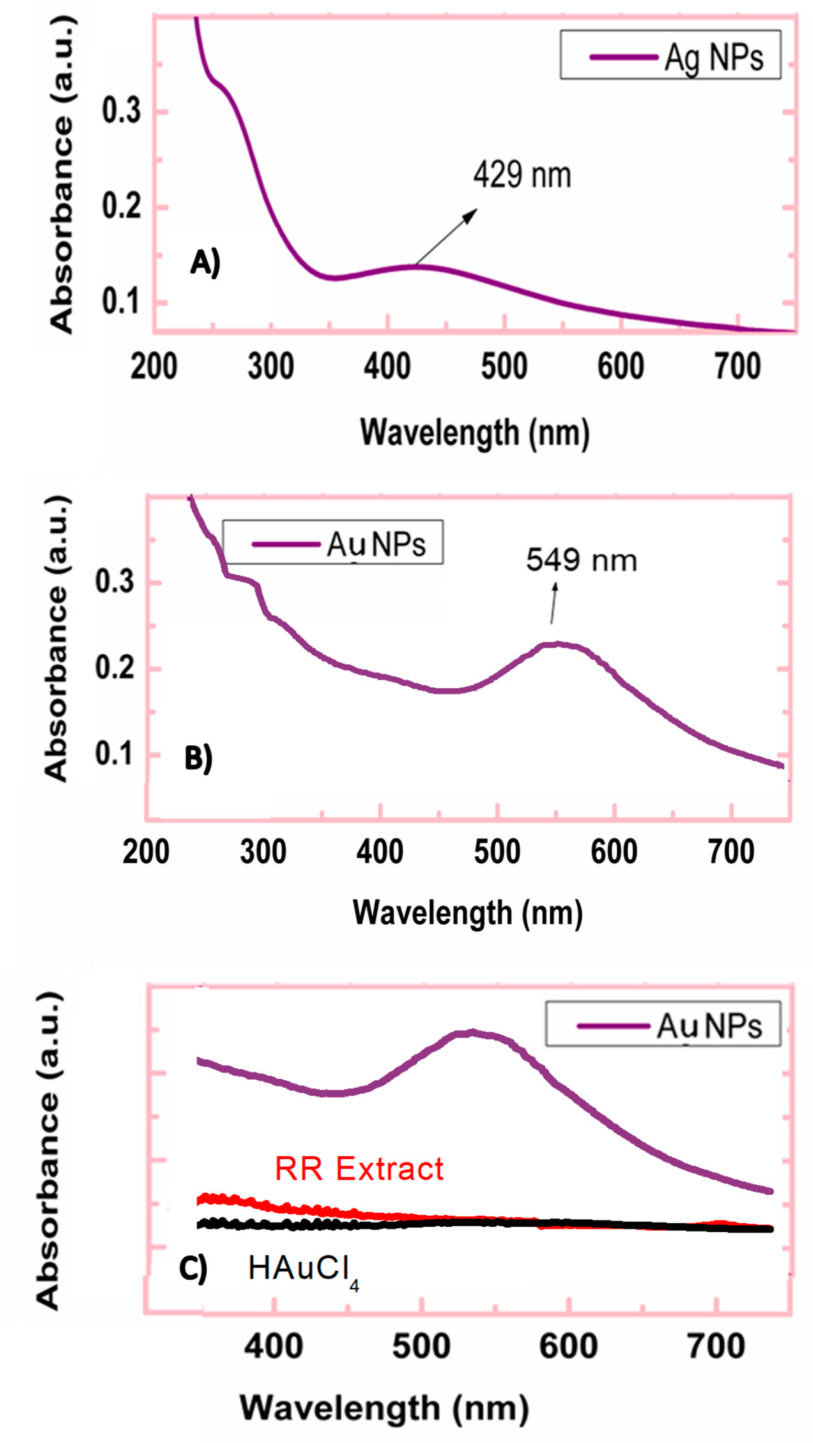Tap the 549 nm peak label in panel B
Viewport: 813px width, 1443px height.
[581, 560]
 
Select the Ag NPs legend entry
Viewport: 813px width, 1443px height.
[670, 55]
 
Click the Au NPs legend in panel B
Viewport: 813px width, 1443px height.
[333, 542]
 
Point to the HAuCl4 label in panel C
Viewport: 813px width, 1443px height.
[303, 1270]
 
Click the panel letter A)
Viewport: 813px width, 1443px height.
[205, 262]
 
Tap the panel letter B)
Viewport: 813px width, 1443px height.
[198, 758]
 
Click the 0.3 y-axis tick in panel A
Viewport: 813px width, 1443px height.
[121, 110]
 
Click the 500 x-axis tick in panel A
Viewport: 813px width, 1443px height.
[504, 367]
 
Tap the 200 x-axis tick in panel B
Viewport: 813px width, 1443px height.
[146, 852]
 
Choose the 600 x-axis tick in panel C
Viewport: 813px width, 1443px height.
[568, 1346]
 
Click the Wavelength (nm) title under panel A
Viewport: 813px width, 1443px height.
[475, 433]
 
